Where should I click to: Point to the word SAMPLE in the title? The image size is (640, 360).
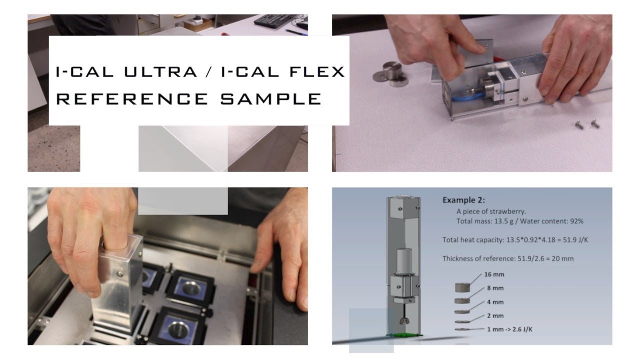pyautogui.click(x=270, y=98)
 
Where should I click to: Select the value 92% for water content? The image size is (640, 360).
pyautogui.click(x=575, y=221)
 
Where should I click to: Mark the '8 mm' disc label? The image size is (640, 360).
pyautogui.click(x=495, y=288)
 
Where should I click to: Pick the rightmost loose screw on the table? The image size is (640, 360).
pyautogui.click(x=595, y=123)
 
